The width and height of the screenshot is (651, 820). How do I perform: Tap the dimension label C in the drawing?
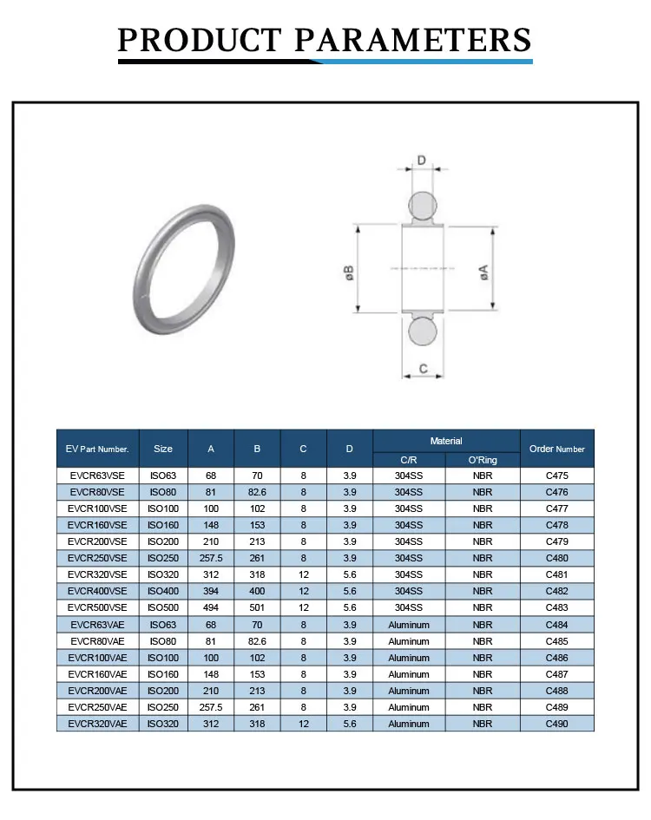[423, 369]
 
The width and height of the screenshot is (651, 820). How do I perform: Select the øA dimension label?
[484, 270]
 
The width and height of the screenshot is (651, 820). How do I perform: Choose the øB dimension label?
[349, 272]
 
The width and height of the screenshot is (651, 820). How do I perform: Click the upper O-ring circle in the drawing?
[423, 205]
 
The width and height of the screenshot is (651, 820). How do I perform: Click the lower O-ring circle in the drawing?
[423, 332]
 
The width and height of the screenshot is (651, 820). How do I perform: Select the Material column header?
[446, 441]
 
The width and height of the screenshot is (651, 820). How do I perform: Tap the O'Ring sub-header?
[483, 460]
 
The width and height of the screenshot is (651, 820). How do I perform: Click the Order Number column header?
[556, 449]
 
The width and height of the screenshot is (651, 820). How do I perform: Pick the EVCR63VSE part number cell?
[97, 476]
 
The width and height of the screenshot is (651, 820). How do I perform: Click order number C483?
[556, 607]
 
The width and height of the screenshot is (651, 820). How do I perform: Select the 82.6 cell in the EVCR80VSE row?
[257, 492]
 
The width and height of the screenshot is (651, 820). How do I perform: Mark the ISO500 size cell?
[163, 607]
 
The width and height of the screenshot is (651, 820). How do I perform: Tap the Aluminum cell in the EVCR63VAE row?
[409, 625]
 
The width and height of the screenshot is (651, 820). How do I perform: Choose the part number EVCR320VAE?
[97, 724]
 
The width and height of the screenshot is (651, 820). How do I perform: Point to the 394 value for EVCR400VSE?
[211, 591]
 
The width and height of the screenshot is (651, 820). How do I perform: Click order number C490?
[556, 724]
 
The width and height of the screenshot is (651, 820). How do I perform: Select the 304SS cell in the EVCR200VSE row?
[409, 541]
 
